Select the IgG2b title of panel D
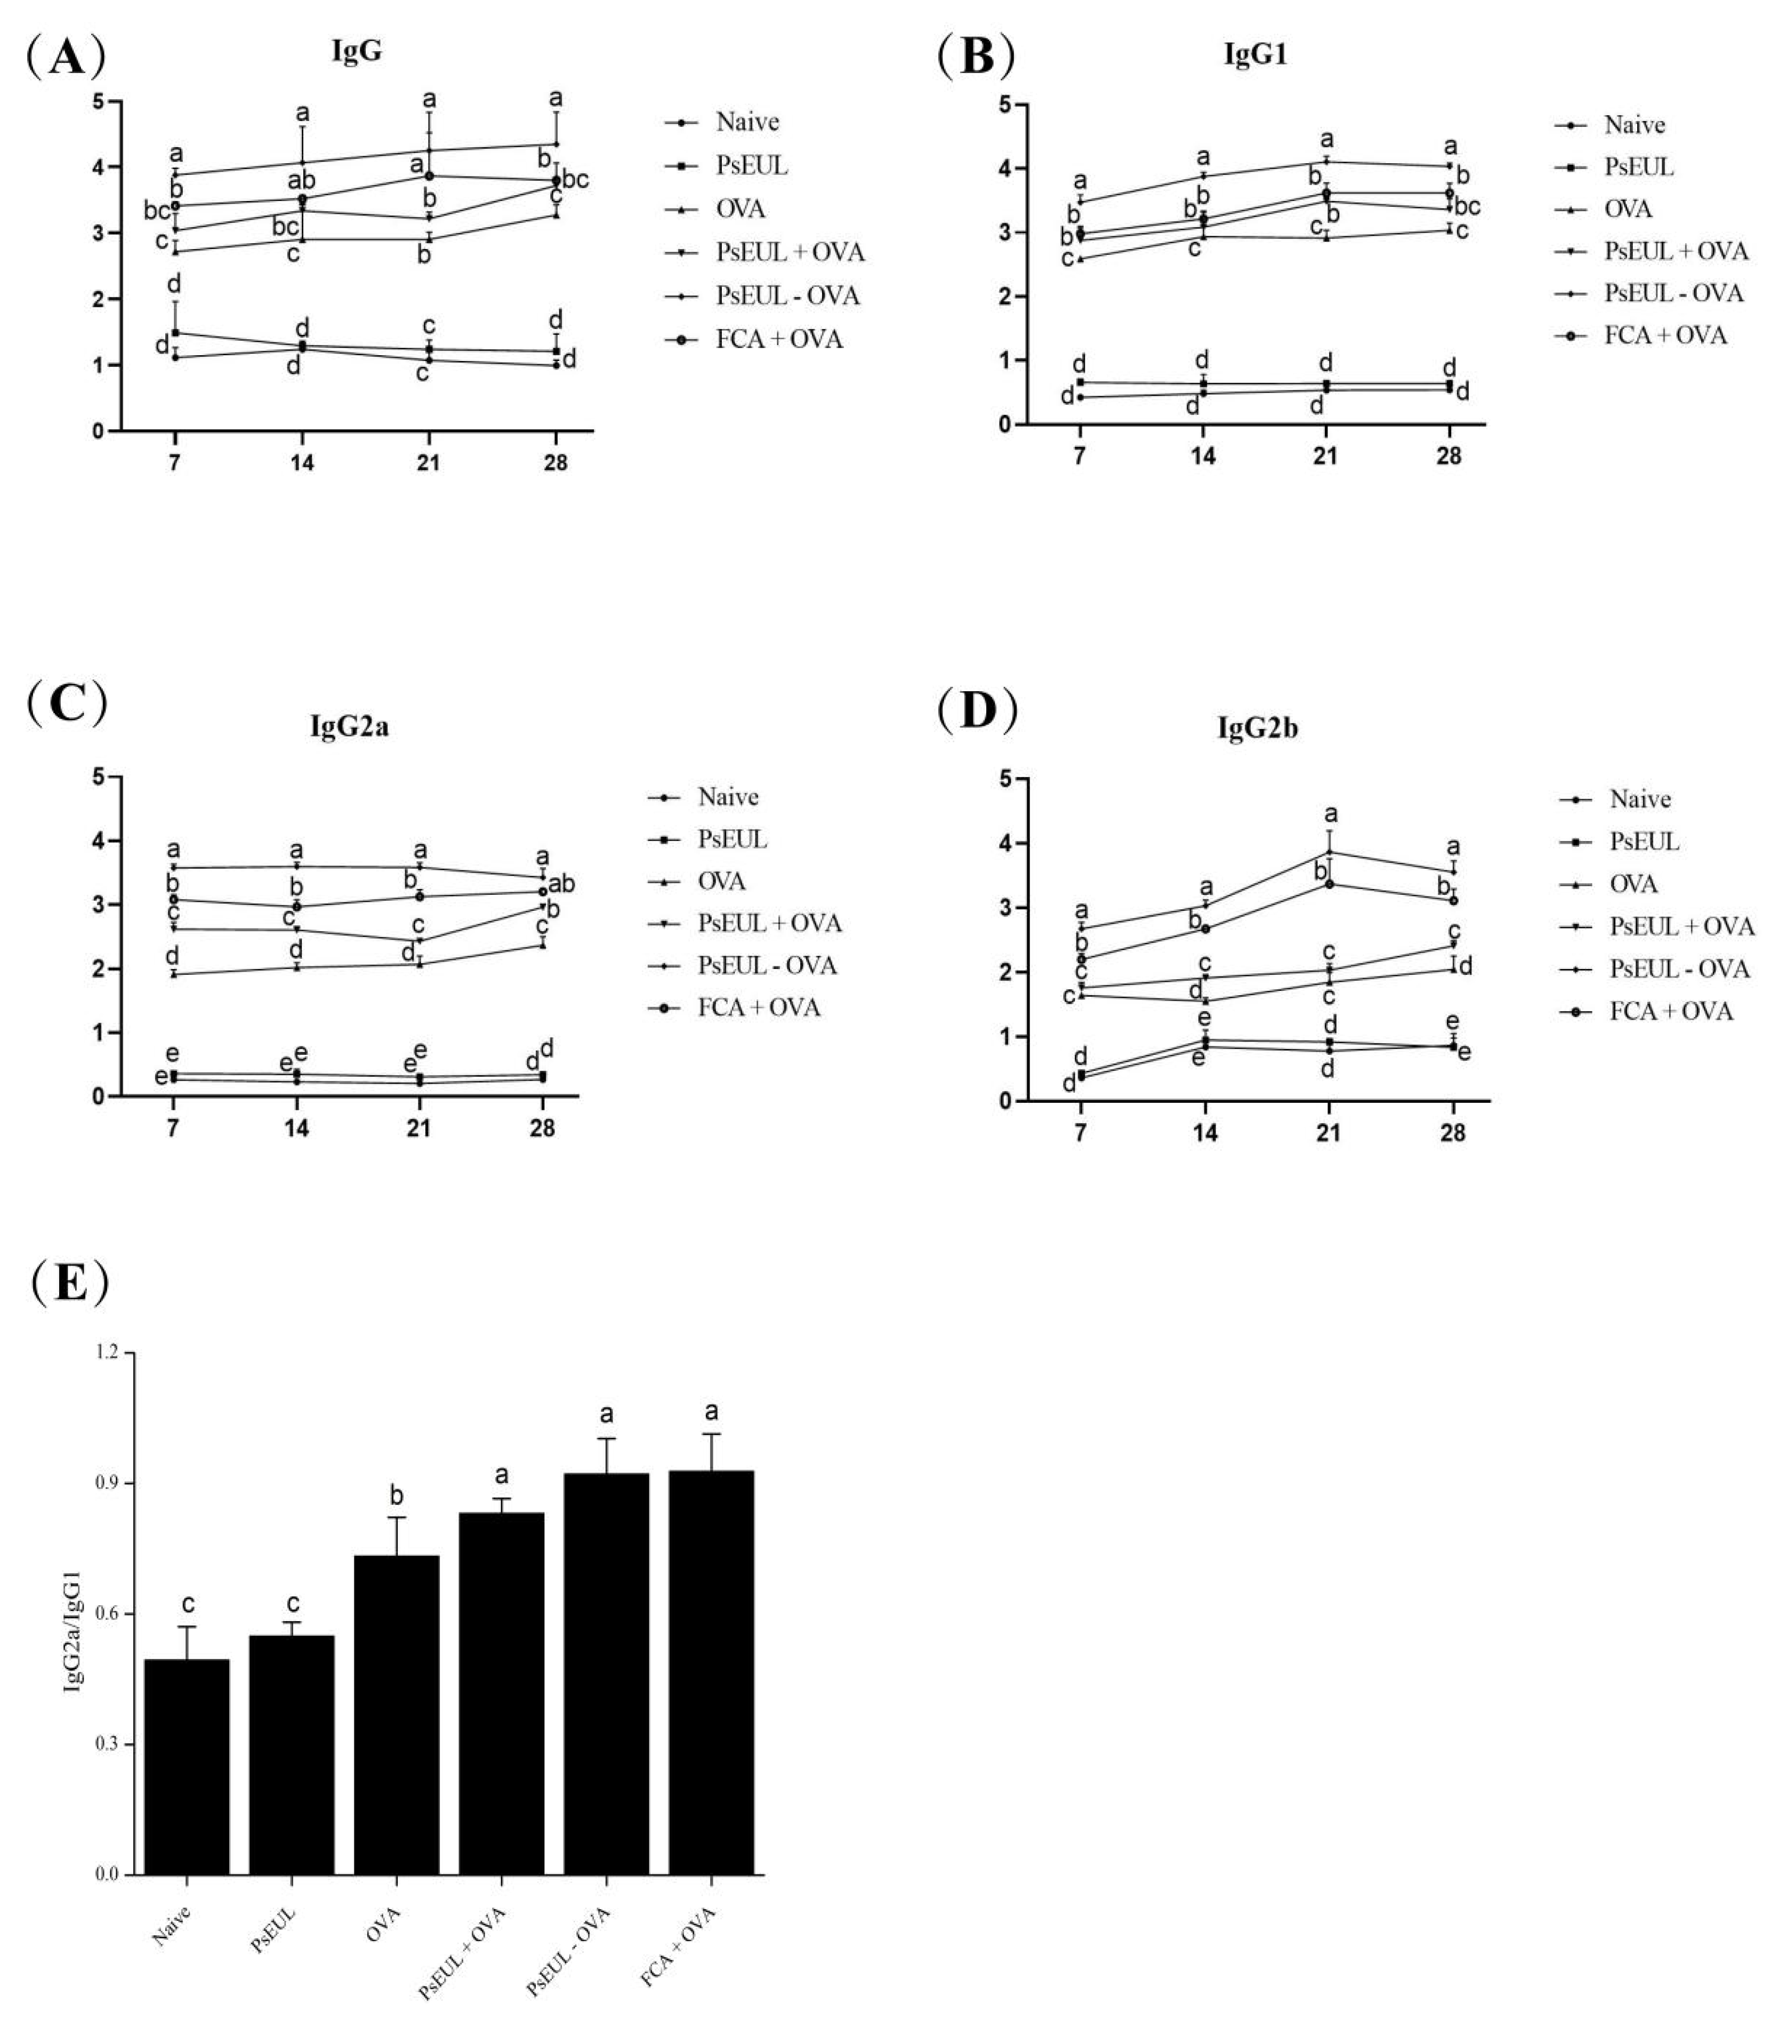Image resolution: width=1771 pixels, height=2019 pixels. (x=1257, y=729)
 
